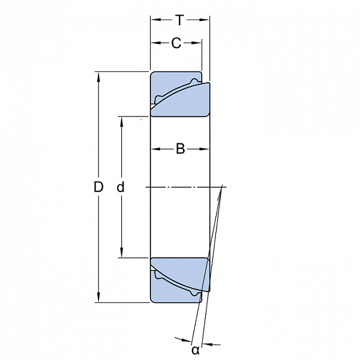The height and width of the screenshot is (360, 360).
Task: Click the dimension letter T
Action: click(x=179, y=20)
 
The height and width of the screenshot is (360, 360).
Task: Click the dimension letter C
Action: click(x=176, y=43)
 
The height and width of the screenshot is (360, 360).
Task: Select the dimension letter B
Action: click(x=180, y=149)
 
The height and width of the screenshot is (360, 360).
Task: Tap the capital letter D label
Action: click(x=98, y=187)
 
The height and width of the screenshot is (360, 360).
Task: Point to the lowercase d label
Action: click(x=121, y=187)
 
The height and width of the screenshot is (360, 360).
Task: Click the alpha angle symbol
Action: click(x=196, y=350)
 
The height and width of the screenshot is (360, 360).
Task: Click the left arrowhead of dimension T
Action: click(x=155, y=20)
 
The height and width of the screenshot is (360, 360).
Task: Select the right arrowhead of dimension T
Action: click(x=204, y=20)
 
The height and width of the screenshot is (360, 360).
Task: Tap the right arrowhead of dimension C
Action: click(x=197, y=43)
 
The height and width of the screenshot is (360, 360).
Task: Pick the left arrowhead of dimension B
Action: click(x=156, y=149)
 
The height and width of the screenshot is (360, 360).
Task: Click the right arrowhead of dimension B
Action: click(x=204, y=149)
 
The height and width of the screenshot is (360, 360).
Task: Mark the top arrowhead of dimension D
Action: click(x=99, y=77)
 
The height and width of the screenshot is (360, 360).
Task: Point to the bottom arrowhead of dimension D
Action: click(x=99, y=297)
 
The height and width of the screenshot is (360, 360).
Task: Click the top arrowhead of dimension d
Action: click(x=121, y=122)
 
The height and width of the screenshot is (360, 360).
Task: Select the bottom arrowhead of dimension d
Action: click(x=121, y=253)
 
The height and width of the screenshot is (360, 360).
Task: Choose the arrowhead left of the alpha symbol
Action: click(x=187, y=340)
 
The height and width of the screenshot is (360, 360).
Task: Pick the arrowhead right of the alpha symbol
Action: click(x=208, y=344)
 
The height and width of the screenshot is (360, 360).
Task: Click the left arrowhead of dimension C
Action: click(x=156, y=43)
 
